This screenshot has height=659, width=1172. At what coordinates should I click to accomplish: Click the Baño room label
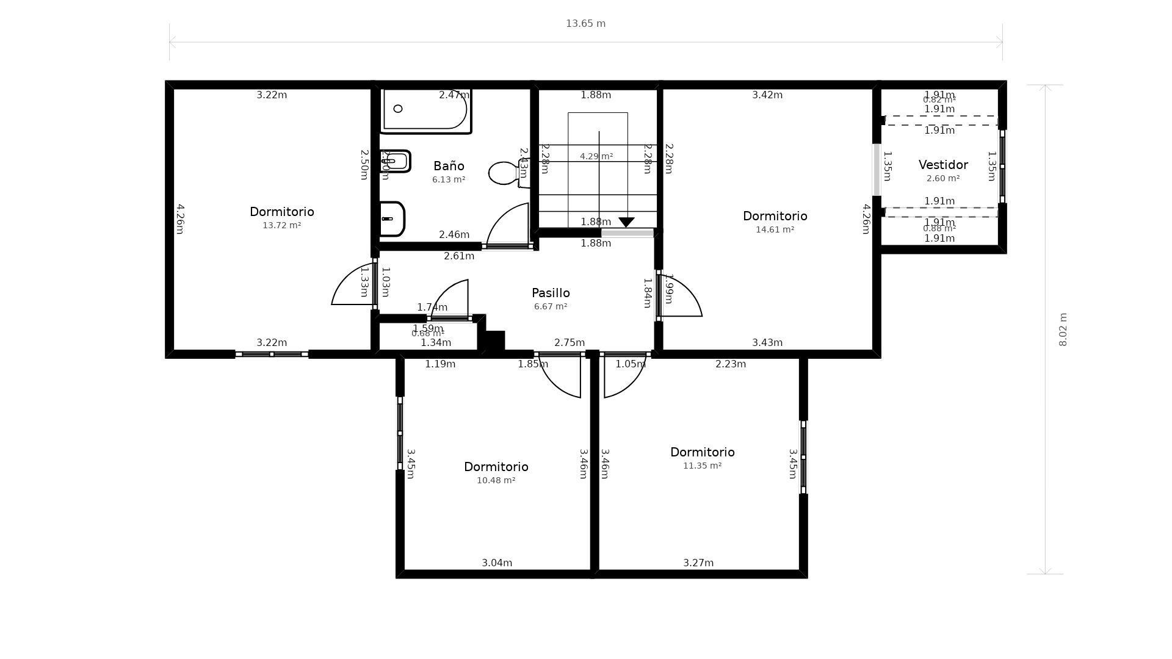tap(449, 166)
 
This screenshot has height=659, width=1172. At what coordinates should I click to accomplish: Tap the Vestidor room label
tap(943, 165)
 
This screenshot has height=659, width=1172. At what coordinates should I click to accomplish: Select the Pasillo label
tap(551, 293)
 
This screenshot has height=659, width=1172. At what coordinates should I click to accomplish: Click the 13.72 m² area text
tap(281, 225)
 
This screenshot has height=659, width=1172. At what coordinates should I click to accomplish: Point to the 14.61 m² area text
tap(775, 229)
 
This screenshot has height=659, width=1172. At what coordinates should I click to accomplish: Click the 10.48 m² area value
tap(496, 480)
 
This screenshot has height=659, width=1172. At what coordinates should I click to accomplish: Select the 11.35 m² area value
tap(702, 466)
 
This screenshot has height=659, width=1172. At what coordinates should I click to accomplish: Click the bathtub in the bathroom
tap(425, 110)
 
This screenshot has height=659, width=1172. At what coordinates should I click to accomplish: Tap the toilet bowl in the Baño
tap(503, 173)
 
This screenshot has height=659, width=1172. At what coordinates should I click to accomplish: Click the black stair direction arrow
tap(626, 222)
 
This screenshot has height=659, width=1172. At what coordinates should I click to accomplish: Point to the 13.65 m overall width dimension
tap(585, 24)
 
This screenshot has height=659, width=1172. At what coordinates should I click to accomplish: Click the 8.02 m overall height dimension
tap(1063, 329)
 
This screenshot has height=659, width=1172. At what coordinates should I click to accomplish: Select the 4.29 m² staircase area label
tap(596, 156)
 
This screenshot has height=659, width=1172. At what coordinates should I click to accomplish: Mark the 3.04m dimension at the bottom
tap(497, 563)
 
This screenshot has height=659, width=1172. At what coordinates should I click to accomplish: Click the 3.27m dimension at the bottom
tap(698, 563)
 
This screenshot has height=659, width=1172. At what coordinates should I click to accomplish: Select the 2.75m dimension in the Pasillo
tap(569, 342)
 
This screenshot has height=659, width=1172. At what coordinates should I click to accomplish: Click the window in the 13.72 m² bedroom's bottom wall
tap(272, 354)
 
